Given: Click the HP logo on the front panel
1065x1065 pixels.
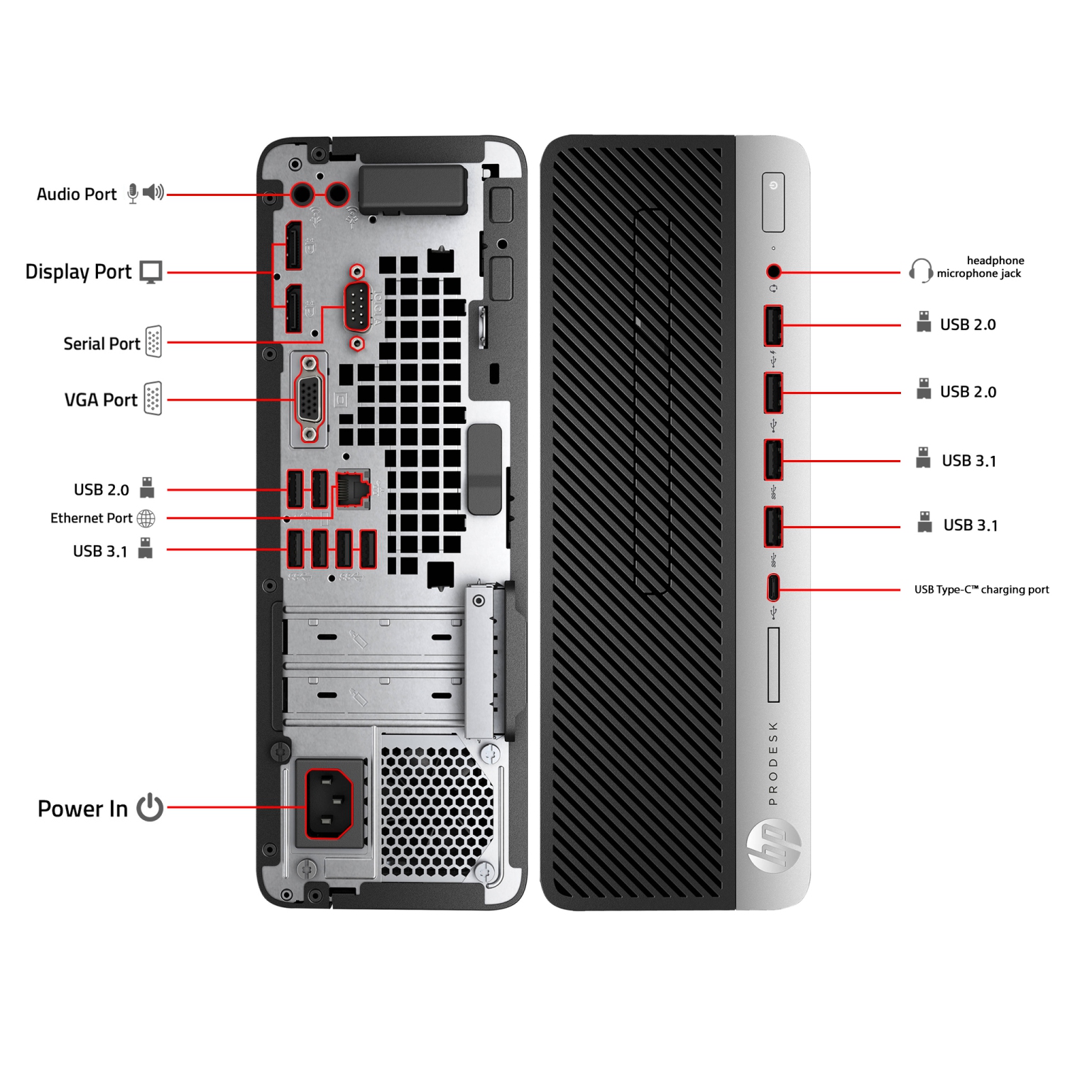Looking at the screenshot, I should click(773, 845).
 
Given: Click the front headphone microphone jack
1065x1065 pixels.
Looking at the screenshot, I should click(774, 271).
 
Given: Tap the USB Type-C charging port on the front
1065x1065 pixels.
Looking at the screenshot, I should click(773, 587).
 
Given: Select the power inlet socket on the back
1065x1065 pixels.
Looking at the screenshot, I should click(329, 804).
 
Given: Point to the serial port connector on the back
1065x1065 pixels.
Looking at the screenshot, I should click(357, 306).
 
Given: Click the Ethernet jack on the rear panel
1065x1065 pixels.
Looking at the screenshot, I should click(353, 488).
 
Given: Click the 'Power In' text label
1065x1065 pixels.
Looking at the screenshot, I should click(82, 809).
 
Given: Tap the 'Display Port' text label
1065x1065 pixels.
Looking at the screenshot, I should click(78, 272).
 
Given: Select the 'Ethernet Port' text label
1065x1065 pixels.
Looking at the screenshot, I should click(91, 518).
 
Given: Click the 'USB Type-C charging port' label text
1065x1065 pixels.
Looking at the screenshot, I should click(981, 589).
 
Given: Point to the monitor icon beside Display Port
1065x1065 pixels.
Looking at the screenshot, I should click(151, 272).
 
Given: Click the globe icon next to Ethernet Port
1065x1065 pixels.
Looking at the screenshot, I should click(146, 519).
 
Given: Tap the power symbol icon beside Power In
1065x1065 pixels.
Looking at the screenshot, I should click(150, 807).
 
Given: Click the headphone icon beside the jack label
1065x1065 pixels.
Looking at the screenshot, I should click(920, 271).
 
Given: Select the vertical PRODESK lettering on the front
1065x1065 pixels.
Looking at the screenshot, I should click(773, 763).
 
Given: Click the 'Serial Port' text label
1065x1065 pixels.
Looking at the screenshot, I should click(102, 344).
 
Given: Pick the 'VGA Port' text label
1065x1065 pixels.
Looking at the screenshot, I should click(101, 400).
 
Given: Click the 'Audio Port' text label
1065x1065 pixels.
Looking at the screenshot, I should click(77, 195).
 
